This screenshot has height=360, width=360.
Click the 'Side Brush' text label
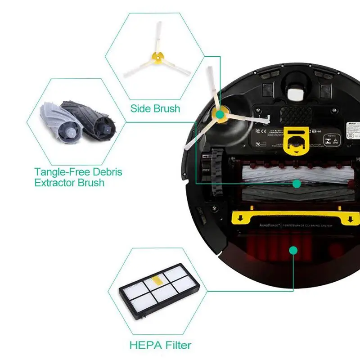[155, 108]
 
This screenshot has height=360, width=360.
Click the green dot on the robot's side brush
[220, 115]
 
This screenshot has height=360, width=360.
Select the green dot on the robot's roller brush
[296, 183]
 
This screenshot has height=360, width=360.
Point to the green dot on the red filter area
[293, 250]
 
